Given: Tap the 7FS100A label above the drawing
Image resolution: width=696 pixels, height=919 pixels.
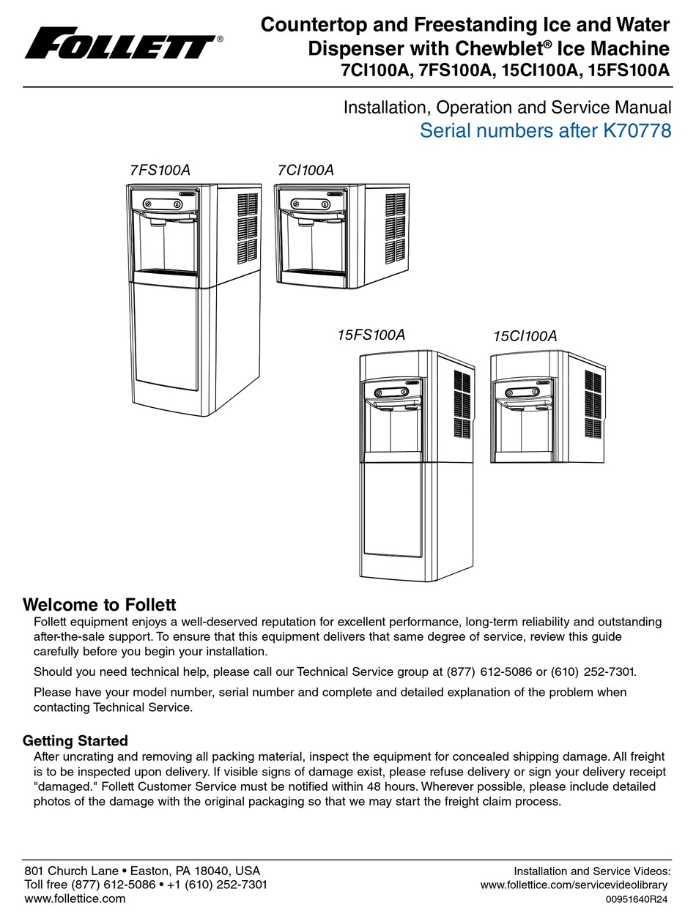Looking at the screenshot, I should pos(160,171).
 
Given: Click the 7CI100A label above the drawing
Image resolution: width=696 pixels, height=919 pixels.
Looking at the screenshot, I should pos(306,171).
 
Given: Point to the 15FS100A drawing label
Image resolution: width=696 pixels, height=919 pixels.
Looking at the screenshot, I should pos(371,335).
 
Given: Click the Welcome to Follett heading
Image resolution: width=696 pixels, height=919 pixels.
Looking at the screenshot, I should pos(100,605).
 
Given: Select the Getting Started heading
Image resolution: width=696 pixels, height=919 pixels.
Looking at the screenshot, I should pos(75,740).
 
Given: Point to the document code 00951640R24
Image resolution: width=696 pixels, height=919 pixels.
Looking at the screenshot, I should pos(637,900).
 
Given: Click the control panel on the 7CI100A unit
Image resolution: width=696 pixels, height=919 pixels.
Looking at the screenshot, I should pos(310,203).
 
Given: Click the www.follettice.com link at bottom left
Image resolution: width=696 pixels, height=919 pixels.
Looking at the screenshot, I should pos(75,898).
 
